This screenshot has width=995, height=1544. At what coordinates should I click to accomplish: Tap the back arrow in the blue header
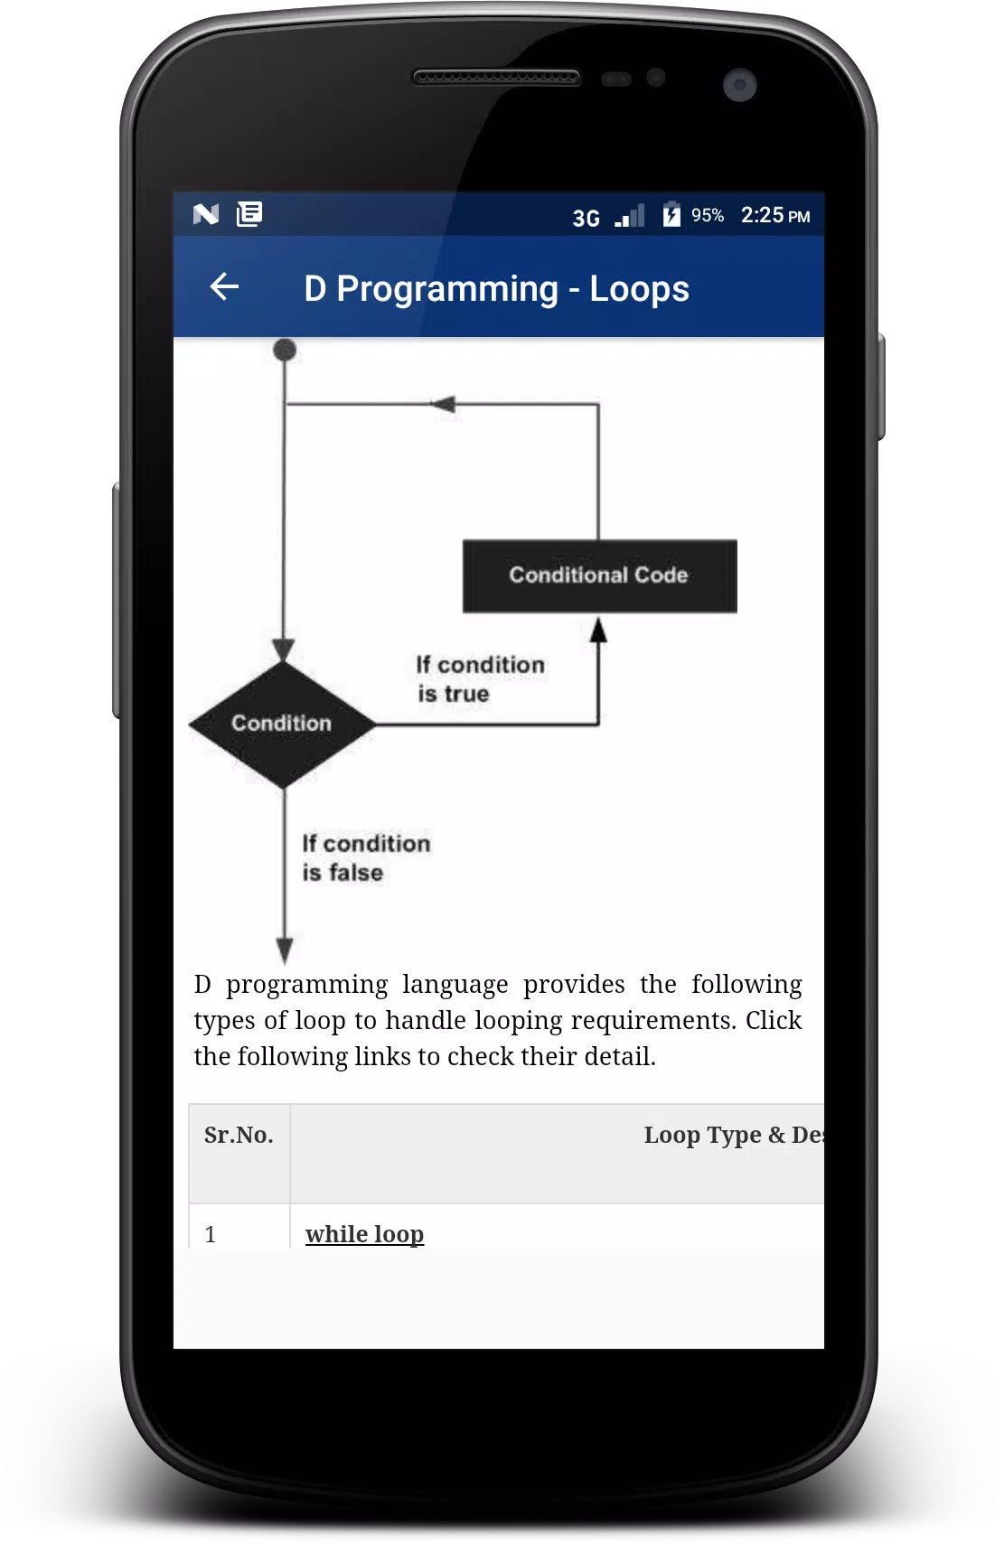(x=224, y=286)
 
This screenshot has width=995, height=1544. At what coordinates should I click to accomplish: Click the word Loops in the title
(x=639, y=289)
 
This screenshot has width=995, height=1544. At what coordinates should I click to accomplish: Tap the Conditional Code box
(x=599, y=575)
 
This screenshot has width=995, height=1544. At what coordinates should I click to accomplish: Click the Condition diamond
(x=283, y=724)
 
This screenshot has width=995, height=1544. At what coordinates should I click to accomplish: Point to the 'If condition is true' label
(x=480, y=679)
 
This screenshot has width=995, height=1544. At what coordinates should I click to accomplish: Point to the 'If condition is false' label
(x=366, y=857)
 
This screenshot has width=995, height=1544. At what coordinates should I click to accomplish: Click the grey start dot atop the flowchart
(x=285, y=351)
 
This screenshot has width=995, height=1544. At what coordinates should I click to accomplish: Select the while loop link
(x=365, y=1233)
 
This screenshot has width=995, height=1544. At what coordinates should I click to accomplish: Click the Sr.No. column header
(x=239, y=1135)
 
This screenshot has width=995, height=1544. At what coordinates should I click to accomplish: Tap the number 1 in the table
(x=211, y=1234)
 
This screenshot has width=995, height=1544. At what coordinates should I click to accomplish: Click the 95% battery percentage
(x=708, y=216)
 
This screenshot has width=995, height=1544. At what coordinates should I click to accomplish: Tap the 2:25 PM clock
(x=775, y=216)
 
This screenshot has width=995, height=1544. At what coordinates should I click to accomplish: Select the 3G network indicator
(x=587, y=219)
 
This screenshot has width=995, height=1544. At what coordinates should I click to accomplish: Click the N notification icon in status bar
(x=206, y=214)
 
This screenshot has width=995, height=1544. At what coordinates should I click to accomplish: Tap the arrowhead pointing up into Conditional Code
(x=598, y=630)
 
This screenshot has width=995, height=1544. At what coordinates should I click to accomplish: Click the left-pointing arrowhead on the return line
(x=443, y=404)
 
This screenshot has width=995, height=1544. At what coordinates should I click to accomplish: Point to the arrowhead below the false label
(x=285, y=950)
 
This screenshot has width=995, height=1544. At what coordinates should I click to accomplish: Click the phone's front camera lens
(x=740, y=85)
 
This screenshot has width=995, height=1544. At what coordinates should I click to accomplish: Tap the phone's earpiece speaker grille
(x=496, y=77)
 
